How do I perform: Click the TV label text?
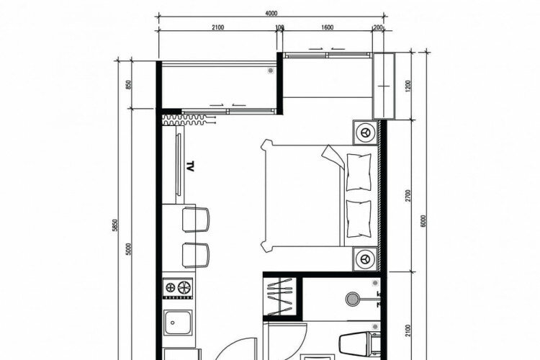coord(190,166)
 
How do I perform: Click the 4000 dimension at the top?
coord(271,14)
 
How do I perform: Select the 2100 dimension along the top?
coord(218,27)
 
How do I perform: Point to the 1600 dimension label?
coord(327,27)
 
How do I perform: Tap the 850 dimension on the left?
coord(129,85)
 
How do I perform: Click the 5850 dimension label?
coord(115,225)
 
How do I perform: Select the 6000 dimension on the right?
coord(423,221)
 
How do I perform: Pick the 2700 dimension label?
coord(408,196)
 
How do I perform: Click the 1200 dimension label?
coord(408,86)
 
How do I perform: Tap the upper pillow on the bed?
coord(359,172)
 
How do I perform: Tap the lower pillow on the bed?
coord(359,219)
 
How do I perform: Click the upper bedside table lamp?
coord(365,132)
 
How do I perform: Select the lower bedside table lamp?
coord(365,258)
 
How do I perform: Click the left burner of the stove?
coord(171,287)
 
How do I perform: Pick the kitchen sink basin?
coord(178,323)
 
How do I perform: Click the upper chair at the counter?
coord(196,220)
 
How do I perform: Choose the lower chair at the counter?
coord(196,256)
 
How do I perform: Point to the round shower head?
coord(352,299)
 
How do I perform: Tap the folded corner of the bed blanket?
coord(333,157)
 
